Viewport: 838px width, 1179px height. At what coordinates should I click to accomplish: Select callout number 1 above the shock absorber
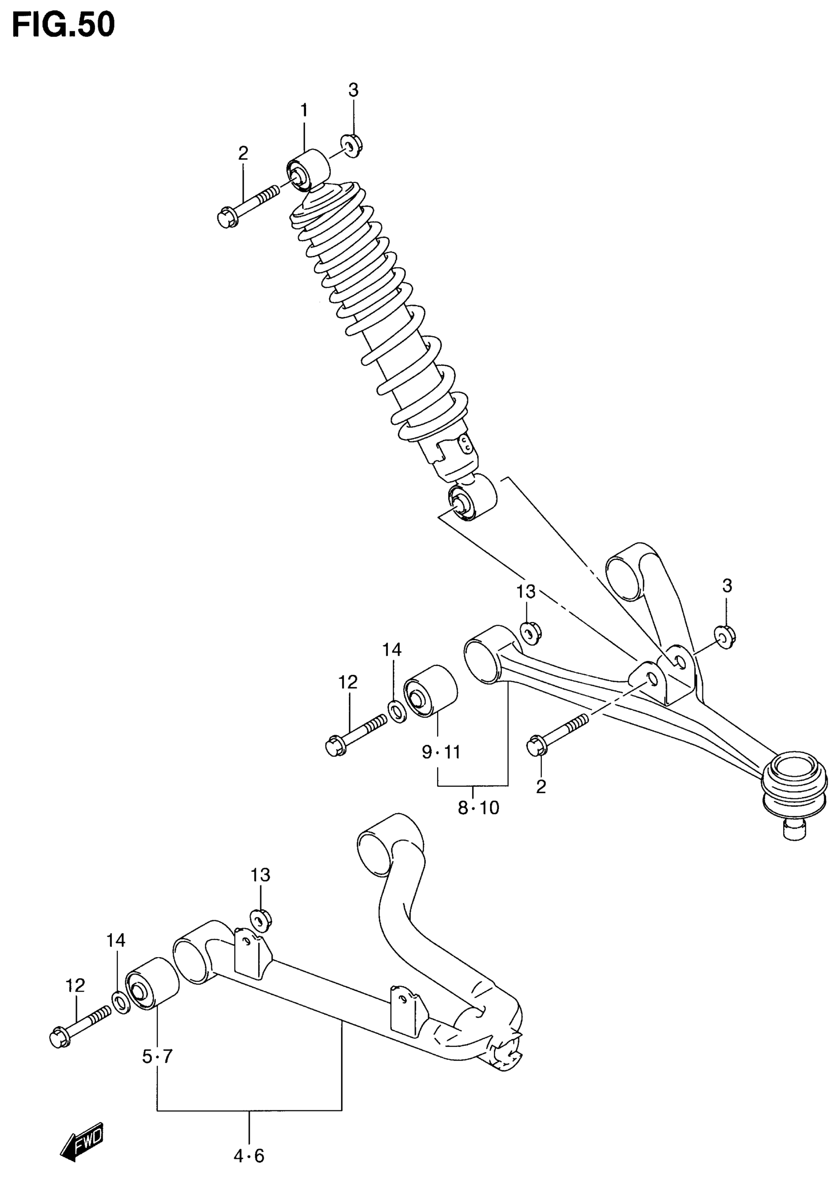click(x=304, y=110)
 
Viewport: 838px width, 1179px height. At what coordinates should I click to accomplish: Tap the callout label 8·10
click(x=478, y=807)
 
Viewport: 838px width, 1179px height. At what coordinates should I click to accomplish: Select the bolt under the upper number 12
click(x=355, y=732)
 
